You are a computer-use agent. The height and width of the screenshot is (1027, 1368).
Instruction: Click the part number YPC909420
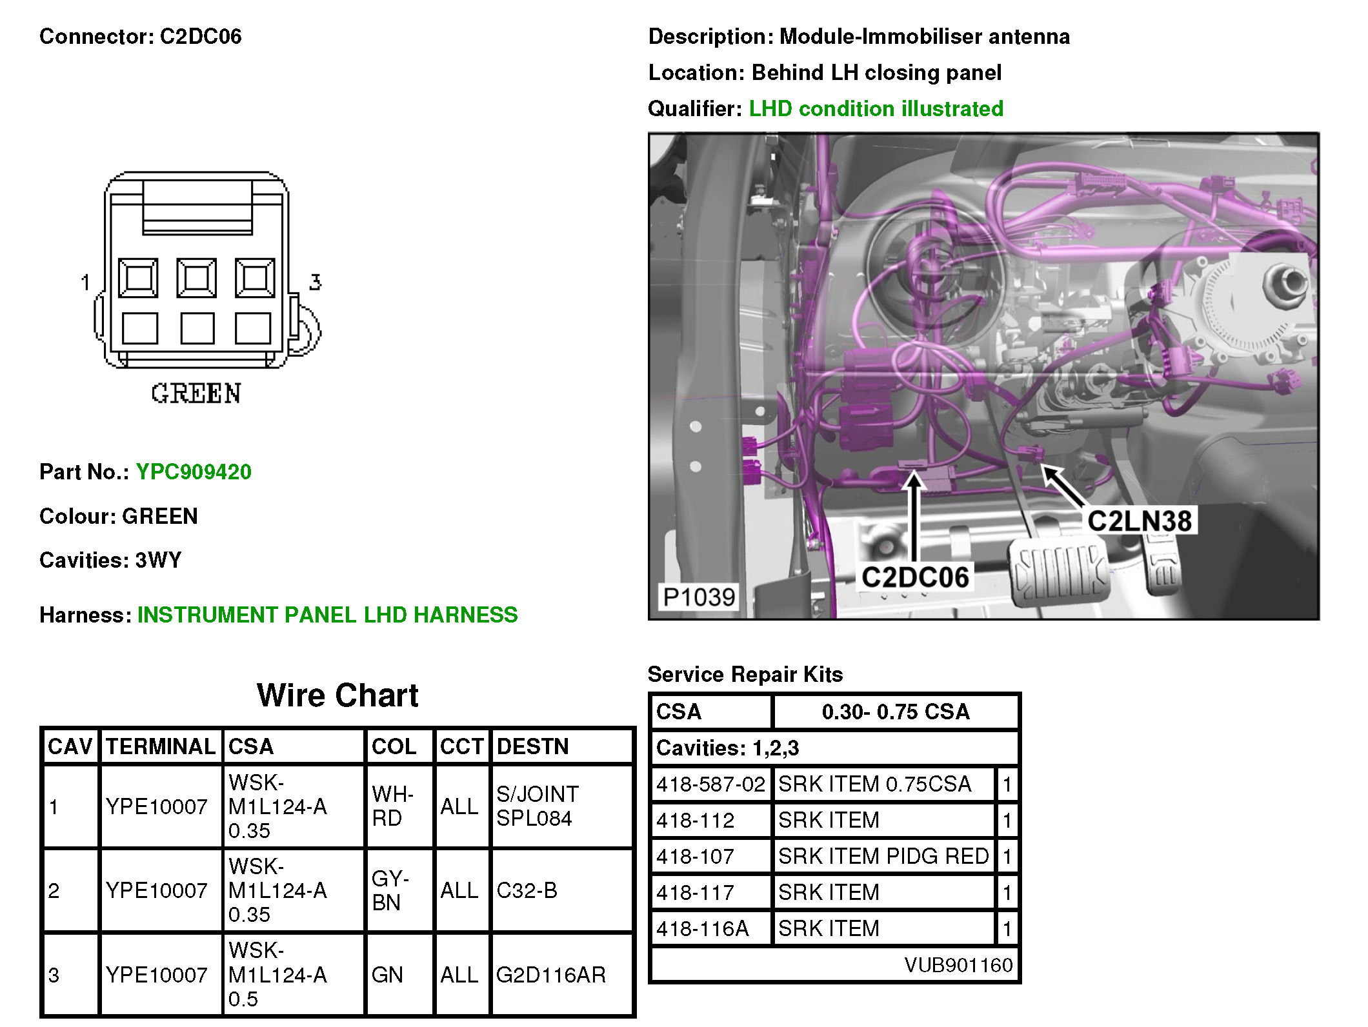click(194, 472)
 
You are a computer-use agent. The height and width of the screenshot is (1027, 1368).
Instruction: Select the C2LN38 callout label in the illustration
click(1139, 521)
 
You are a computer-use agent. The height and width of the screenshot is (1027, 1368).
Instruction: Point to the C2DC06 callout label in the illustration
click(915, 577)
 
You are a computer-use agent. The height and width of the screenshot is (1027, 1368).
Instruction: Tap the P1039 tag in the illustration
click(699, 597)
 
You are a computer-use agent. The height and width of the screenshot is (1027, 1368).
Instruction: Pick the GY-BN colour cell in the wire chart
click(390, 890)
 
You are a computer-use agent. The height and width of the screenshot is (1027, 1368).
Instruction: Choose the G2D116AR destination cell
click(551, 974)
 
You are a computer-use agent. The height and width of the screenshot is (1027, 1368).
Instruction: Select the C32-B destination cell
click(527, 890)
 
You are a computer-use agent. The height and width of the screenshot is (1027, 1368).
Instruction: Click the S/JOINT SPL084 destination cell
click(538, 806)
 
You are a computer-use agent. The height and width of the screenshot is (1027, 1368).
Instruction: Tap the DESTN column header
click(533, 746)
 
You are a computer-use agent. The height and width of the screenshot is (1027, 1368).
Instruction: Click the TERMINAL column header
click(161, 746)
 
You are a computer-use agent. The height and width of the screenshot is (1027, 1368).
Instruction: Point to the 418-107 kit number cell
click(696, 856)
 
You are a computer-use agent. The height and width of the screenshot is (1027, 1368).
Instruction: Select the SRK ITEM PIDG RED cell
click(883, 856)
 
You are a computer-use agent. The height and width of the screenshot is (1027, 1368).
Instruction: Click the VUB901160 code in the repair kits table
click(958, 965)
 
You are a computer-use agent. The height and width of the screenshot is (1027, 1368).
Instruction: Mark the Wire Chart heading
click(337, 695)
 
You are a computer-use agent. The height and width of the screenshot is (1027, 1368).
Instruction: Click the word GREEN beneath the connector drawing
click(196, 394)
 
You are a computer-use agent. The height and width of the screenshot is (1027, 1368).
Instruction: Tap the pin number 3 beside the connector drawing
click(315, 282)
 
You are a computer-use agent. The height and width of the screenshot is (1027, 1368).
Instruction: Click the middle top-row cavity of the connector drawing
click(197, 278)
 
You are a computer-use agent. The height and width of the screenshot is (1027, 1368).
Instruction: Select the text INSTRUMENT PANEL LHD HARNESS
click(328, 615)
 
